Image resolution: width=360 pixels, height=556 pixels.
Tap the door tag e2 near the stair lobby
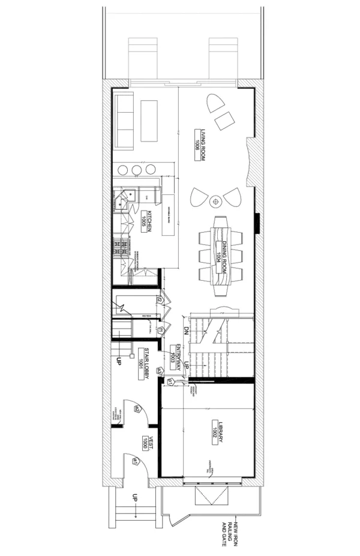[x=137, y=409]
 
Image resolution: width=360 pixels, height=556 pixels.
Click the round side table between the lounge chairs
[x=216, y=200]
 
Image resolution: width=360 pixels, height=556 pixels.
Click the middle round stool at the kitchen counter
[x=136, y=169]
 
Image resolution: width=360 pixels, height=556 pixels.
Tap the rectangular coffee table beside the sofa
[x=149, y=121]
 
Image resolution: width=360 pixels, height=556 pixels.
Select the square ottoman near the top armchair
[x=226, y=122]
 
